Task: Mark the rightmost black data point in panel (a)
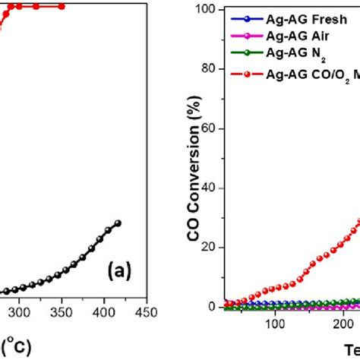coord(118,223)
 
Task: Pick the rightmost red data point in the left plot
coord(62,6)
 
